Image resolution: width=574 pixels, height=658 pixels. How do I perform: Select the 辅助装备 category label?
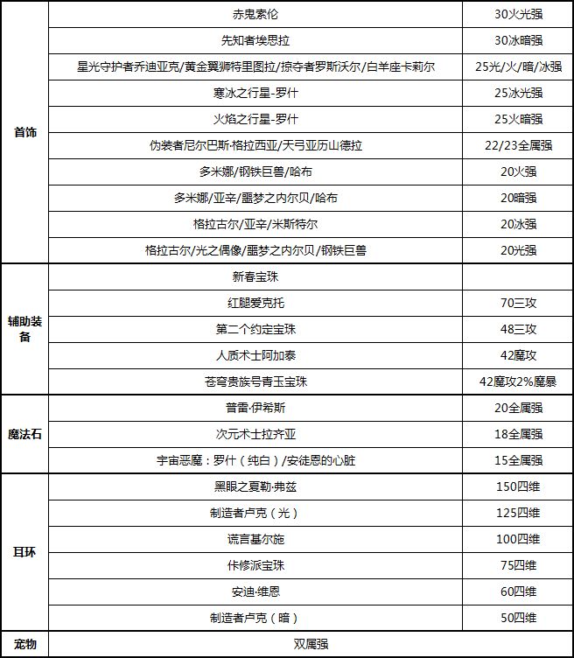point(24,329)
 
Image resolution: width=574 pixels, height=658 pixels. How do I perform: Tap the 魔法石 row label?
point(24,434)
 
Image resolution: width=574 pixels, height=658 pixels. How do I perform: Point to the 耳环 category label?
point(24,552)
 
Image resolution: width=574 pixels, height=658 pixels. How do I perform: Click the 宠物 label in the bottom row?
point(24,645)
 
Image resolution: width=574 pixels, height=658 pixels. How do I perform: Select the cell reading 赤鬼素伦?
point(255,14)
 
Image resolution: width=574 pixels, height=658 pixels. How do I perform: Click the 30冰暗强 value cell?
point(518,40)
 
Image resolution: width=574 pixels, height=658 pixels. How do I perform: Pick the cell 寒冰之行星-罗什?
point(255,93)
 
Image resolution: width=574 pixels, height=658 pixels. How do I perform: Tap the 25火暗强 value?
point(518,119)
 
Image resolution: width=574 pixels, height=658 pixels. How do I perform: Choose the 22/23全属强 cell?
point(518,145)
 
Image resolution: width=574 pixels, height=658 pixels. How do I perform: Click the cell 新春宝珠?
point(255,276)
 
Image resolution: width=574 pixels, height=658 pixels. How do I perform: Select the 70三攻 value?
point(518,303)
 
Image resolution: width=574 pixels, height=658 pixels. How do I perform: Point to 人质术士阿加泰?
point(255,355)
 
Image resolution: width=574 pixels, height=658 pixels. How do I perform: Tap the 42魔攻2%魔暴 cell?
point(518,381)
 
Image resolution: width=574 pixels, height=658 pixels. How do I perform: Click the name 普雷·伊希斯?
point(255,408)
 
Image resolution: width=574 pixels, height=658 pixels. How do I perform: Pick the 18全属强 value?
point(518,434)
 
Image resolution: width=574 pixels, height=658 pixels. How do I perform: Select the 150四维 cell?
point(518,486)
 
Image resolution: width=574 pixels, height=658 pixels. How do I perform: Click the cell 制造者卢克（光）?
point(255,513)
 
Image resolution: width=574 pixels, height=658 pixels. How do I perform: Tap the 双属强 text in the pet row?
point(310,645)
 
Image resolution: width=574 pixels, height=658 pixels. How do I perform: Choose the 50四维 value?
point(518,618)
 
